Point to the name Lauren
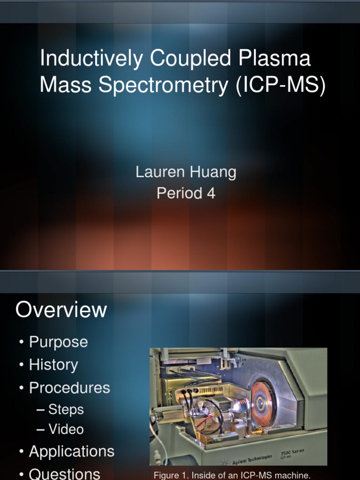click(x=159, y=172)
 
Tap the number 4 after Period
click(x=211, y=193)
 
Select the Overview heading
click(x=61, y=310)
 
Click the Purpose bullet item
click(x=58, y=342)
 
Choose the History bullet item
click(x=53, y=365)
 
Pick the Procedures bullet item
click(x=69, y=388)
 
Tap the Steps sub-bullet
click(x=66, y=409)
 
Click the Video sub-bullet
click(x=66, y=429)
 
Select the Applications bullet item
click(x=71, y=451)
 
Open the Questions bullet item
click(x=64, y=473)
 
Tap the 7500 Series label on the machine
click(x=292, y=452)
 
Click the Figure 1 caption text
click(x=232, y=475)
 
